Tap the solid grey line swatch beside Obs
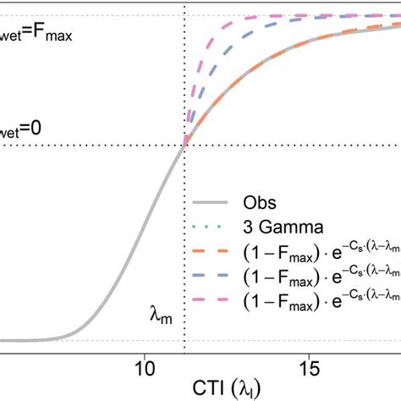coord(211,204)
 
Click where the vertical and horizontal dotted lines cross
coord(184,146)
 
